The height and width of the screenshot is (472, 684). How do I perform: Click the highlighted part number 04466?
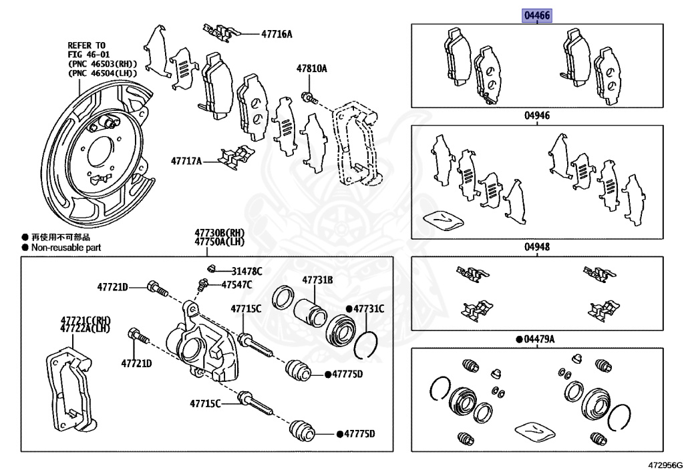point(537,16)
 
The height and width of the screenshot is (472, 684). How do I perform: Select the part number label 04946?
point(536,115)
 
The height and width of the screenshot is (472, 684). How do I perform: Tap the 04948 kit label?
point(536,247)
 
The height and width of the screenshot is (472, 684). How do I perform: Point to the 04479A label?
point(539,339)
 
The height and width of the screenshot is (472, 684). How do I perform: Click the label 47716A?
point(277,33)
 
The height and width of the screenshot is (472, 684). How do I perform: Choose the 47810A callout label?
point(312,68)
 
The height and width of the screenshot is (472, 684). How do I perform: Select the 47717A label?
point(186,160)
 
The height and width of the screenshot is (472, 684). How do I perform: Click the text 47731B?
point(317,280)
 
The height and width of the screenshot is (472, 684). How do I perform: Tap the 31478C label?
point(246,271)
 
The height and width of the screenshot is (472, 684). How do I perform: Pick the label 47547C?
point(236,285)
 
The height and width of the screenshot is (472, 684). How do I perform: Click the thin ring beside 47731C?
point(365,343)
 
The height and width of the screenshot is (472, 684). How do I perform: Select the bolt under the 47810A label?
point(307,97)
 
